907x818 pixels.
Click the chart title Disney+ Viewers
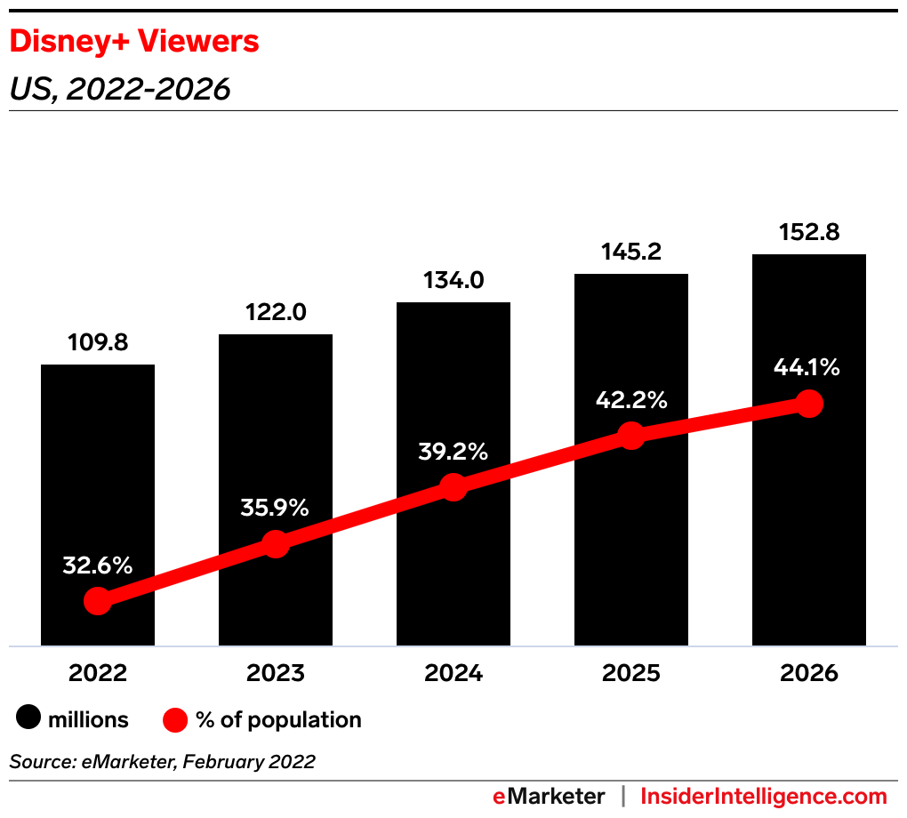pyautogui.click(x=133, y=41)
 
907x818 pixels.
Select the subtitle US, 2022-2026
pyautogui.click(x=120, y=89)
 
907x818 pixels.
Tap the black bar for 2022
pyautogui.click(x=98, y=462)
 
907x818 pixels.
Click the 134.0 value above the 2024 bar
pyautogui.click(x=453, y=281)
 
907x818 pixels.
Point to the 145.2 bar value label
pyautogui.click(x=631, y=253)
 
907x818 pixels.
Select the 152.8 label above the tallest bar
pyautogui.click(x=809, y=233)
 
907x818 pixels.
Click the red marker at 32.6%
pyautogui.click(x=98, y=601)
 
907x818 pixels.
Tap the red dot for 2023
pyautogui.click(x=276, y=544)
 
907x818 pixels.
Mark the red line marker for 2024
pyautogui.click(x=453, y=487)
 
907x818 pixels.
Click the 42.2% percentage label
pyautogui.click(x=631, y=400)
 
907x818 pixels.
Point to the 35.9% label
pyautogui.click(x=275, y=508)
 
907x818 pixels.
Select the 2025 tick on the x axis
pyautogui.click(x=631, y=673)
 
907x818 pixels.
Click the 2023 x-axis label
pyautogui.click(x=276, y=673)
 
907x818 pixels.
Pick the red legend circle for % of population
pyautogui.click(x=175, y=719)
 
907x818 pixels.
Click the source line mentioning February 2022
pyautogui.click(x=162, y=762)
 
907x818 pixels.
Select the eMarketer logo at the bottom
pyautogui.click(x=549, y=796)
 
